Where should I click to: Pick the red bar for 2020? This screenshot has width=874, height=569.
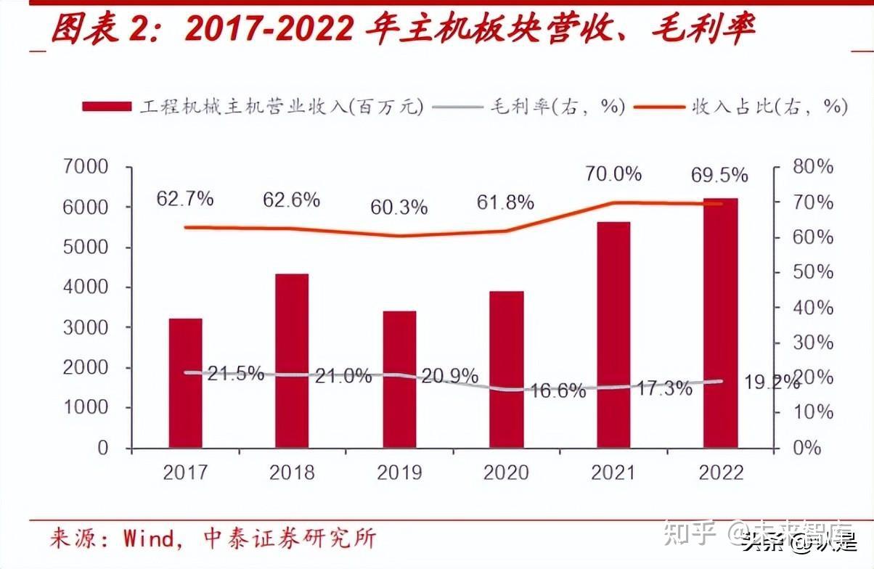506,369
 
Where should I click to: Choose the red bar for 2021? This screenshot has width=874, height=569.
613,335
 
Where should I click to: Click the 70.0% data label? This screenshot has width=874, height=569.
614,174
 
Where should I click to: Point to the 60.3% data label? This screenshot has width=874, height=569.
399,208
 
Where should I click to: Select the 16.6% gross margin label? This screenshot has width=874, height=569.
557,391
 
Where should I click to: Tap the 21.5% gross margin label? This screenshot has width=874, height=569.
235,374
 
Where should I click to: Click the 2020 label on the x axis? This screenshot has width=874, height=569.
506,473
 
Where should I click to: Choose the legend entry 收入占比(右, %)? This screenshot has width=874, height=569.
769,107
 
